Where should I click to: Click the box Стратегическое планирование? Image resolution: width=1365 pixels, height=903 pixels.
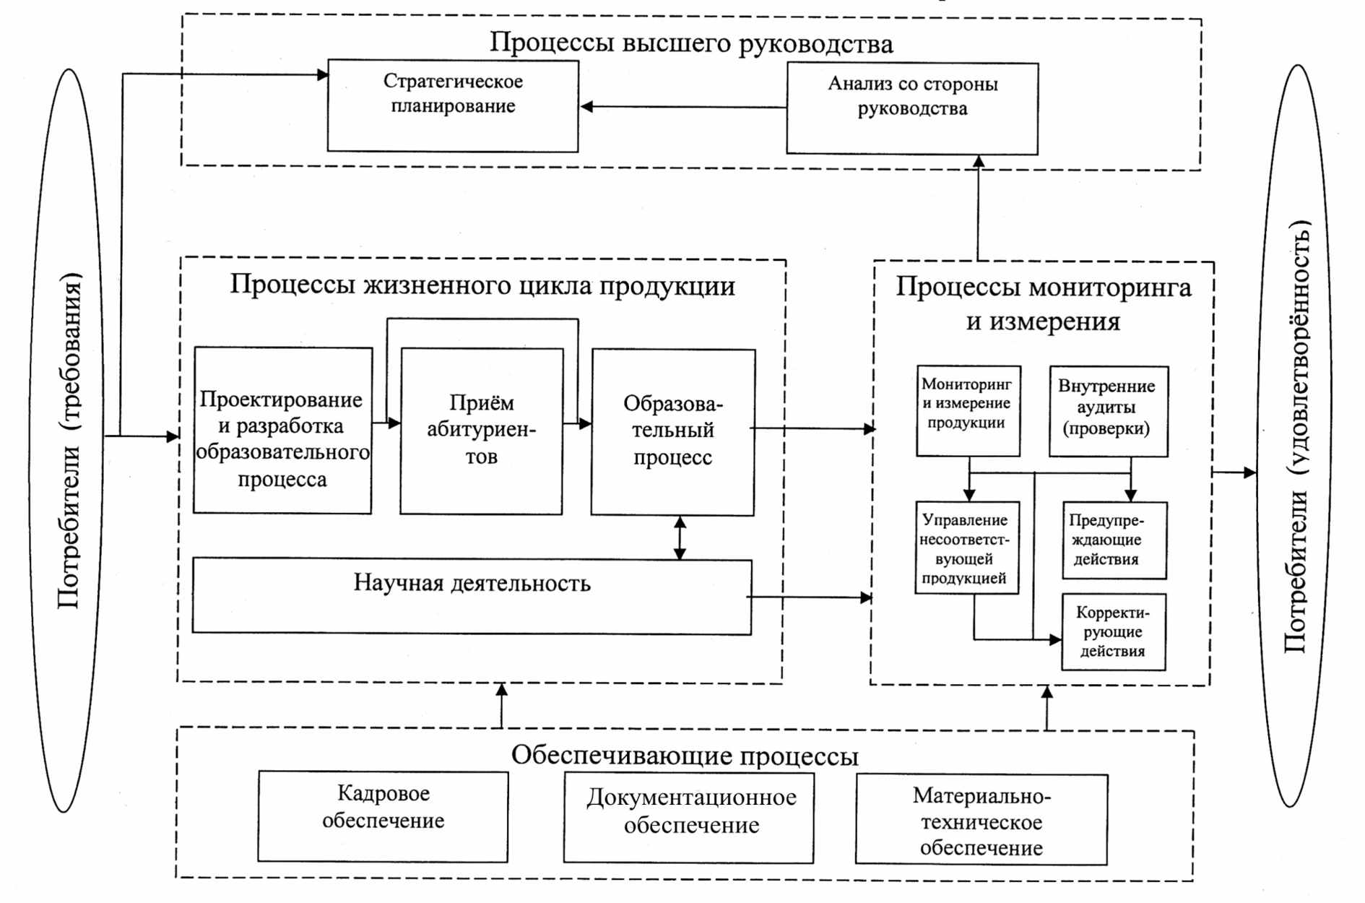pos(453,105)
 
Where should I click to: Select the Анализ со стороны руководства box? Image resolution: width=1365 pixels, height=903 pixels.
pos(912,108)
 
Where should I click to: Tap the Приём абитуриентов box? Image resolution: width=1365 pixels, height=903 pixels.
pos(482,431)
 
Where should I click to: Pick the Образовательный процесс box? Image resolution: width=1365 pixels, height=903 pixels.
pos(673,432)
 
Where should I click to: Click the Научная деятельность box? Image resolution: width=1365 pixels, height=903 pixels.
pos(472,597)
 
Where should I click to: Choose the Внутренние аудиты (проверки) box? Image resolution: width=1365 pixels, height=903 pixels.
pos(1109,411)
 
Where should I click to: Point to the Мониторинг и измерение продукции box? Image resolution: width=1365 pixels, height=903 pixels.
pos(968,410)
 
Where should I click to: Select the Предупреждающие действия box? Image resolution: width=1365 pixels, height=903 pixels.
pos(1114,540)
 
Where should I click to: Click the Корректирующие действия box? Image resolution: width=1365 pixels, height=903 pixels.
pos(1114,632)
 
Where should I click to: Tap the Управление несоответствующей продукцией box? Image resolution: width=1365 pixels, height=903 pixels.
pos(967,548)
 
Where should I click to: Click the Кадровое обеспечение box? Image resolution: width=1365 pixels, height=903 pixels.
pos(383,816)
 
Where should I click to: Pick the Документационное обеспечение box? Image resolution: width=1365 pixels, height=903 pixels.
pos(688,818)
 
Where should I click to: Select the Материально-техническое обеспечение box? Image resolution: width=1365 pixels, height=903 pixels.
pos(981,820)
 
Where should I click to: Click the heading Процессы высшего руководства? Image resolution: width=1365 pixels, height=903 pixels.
pos(691,43)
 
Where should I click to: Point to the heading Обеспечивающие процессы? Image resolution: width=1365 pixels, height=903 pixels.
pos(685,756)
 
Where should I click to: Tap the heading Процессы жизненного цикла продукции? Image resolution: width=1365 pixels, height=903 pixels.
pos(482,285)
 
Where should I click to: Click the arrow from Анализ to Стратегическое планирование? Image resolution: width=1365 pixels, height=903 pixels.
pos(683,107)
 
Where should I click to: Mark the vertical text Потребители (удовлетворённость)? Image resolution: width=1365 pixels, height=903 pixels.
pos(1296,436)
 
